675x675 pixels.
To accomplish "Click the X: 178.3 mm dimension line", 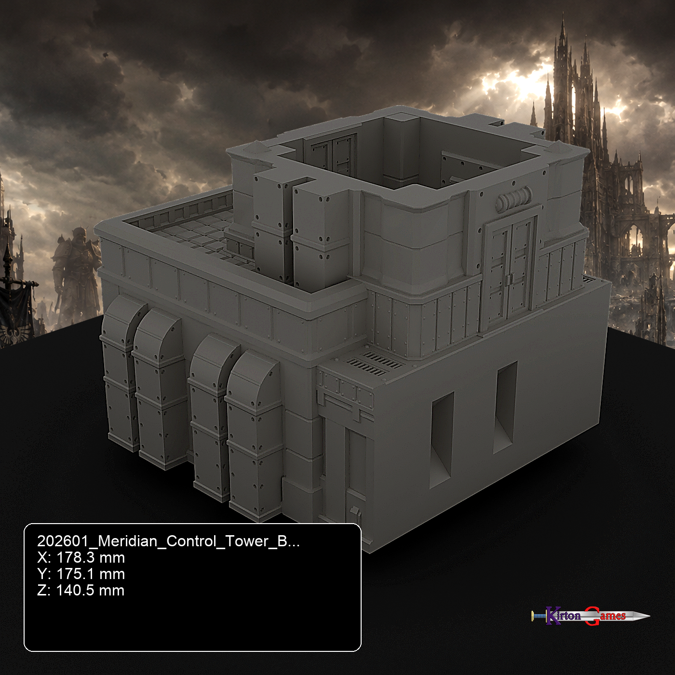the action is pos(81,557).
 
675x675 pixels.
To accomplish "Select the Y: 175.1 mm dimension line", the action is pos(81,574).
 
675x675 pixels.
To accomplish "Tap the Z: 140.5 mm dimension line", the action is pos(81,590).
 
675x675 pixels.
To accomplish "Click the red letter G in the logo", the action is pos(592,616).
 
